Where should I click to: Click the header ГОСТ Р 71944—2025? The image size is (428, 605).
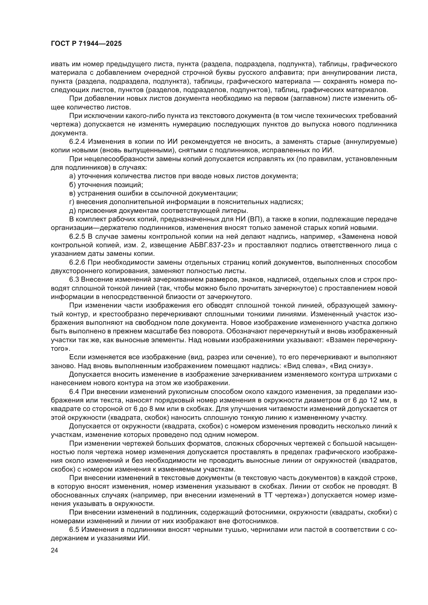86,44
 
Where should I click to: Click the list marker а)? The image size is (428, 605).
72,176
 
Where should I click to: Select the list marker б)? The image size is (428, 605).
72,185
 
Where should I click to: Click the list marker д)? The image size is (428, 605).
72,211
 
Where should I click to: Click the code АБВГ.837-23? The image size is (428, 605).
212,245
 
